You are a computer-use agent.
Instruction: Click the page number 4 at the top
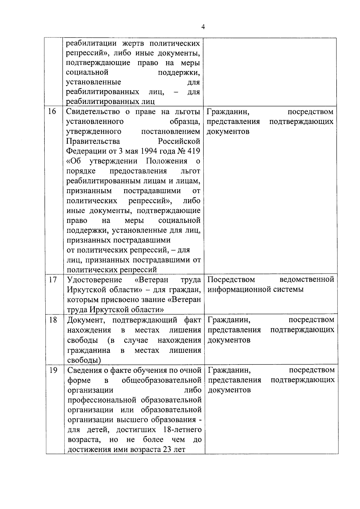pos(203,27)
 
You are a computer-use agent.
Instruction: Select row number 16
pos(52,112)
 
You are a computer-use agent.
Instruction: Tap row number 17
pos(53,280)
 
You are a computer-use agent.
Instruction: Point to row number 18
pos(53,320)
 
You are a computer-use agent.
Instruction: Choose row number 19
pos(53,370)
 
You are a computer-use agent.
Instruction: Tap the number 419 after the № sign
pos(194,151)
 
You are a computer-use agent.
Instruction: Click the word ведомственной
pos(307,280)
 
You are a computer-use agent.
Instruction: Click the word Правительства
pos(93,141)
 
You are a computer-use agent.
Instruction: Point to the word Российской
pos(179,141)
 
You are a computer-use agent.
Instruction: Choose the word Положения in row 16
pos(166,161)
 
